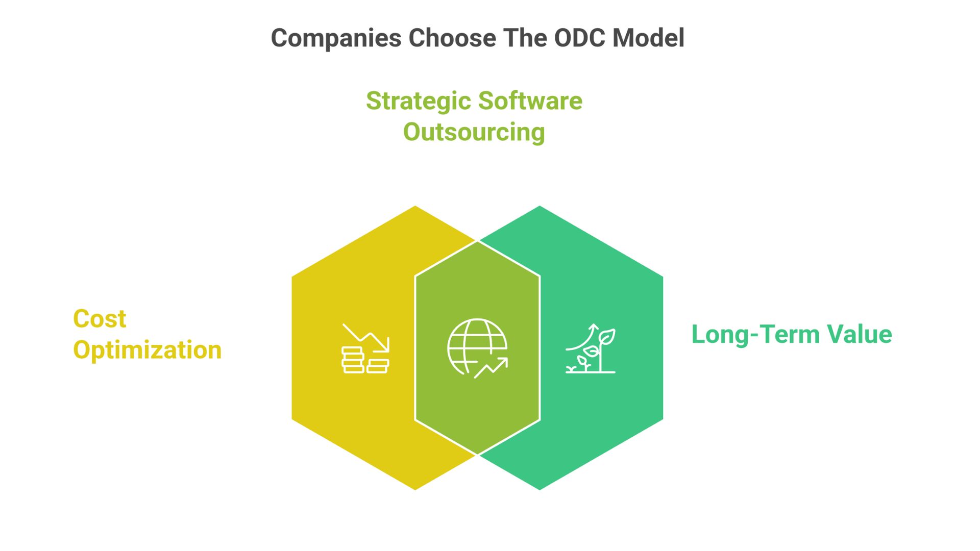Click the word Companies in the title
pos(336,38)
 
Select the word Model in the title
pos(648,38)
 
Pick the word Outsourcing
pos(474,132)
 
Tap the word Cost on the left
pos(100,319)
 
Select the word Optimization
pos(147,350)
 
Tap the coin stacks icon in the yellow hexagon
pos(364,360)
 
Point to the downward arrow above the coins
pos(366,337)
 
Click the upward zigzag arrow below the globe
pos(491,367)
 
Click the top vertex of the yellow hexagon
pos(415,206)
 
